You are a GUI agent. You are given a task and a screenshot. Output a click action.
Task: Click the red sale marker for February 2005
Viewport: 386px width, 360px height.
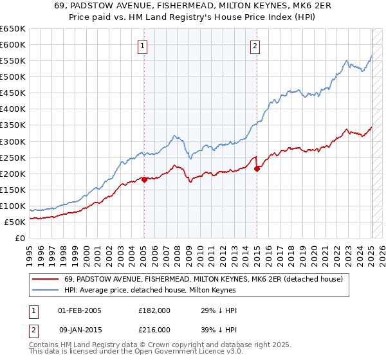pos(144,179)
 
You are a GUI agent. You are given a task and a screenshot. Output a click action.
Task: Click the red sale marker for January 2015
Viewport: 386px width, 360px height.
pos(257,168)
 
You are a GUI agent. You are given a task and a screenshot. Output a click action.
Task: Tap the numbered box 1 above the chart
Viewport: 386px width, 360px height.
pos(142,46)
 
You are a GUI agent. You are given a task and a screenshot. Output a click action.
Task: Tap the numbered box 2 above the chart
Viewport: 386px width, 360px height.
pos(255,46)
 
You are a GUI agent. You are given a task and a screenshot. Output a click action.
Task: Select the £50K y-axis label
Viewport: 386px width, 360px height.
pos(15,222)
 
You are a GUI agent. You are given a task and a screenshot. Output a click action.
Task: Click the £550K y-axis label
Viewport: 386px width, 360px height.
pos(12,61)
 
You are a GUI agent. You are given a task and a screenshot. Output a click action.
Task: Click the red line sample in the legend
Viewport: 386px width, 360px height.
pos(46,279)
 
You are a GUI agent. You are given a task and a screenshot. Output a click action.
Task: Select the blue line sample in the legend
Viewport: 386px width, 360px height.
pos(46,290)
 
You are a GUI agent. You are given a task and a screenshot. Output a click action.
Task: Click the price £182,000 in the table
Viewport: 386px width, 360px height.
pos(154,311)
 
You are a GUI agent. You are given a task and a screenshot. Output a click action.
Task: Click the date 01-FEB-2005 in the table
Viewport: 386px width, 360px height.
pos(80,311)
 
